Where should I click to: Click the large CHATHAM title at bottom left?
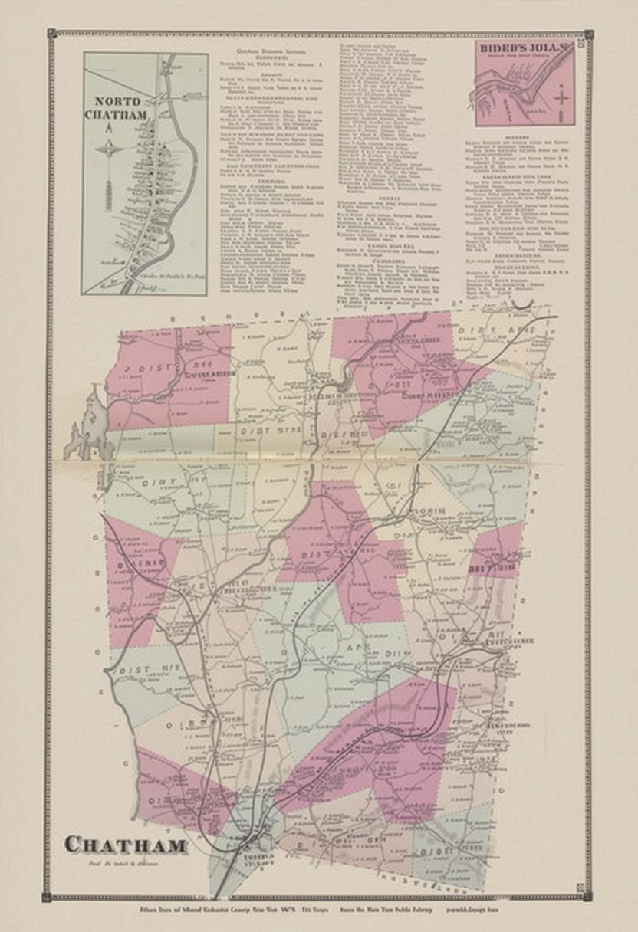(x=126, y=845)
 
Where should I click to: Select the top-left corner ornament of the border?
(x=51, y=34)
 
